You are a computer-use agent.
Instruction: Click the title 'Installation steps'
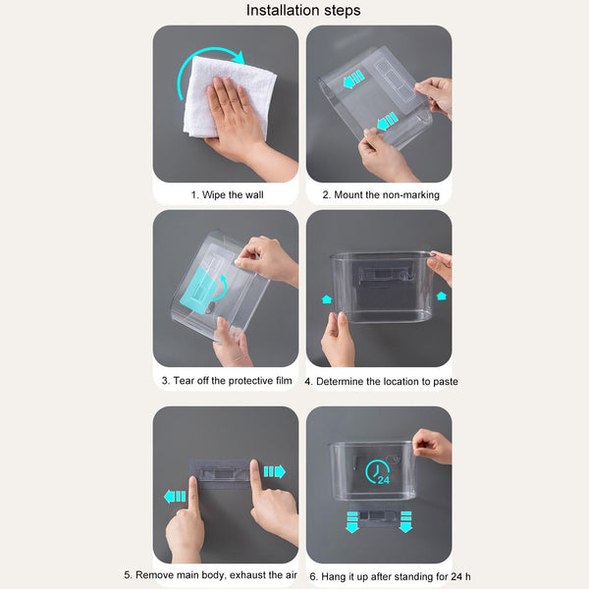(x=303, y=10)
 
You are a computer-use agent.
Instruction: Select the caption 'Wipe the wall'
(x=233, y=195)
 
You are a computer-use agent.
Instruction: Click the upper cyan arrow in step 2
(x=353, y=79)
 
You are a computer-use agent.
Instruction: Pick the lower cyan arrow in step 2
(x=387, y=121)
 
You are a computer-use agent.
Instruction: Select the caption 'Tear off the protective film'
(x=233, y=381)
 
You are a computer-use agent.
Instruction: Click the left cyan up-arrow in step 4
(x=327, y=299)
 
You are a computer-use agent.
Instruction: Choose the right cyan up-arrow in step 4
(x=442, y=296)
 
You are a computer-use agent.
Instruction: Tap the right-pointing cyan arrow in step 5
(x=274, y=471)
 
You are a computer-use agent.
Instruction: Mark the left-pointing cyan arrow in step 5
(x=175, y=497)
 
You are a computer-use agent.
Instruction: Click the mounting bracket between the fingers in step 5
(x=221, y=474)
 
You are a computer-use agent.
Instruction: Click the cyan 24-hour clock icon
(x=378, y=472)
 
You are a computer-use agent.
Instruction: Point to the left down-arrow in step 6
(x=352, y=522)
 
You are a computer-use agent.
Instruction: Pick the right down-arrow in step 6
(x=405, y=522)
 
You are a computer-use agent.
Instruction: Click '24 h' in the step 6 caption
(x=461, y=576)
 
